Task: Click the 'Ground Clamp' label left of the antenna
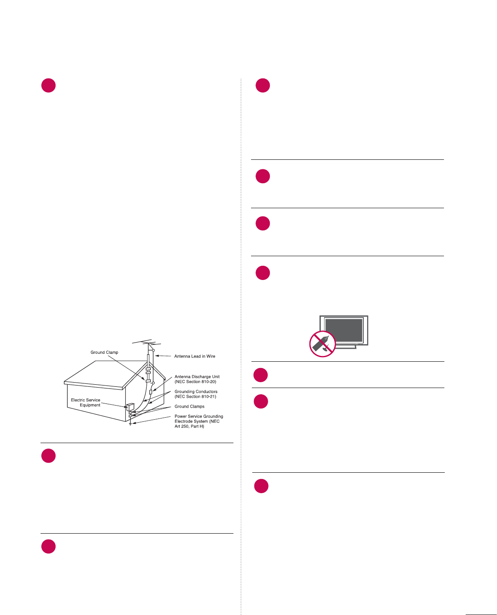104,353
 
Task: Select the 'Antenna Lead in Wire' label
195,356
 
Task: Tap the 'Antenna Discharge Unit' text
197,377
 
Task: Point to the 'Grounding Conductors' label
196,392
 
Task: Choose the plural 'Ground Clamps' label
189,406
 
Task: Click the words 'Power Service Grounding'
199,416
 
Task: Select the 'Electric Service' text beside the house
86,400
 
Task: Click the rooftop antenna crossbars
146,343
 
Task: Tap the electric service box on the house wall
130,407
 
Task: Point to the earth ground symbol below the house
130,424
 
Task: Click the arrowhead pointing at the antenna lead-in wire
158,356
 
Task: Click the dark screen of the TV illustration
344,330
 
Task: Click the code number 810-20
209,382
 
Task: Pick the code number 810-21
209,397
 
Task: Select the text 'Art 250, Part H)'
189,426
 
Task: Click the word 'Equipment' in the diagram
90,405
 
